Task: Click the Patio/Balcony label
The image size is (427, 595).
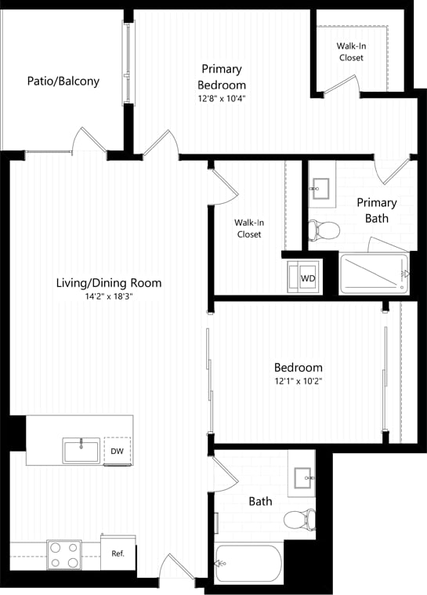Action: pos(63,81)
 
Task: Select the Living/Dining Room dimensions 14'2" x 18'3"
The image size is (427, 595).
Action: pos(109,297)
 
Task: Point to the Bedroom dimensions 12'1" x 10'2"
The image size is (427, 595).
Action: pos(298,381)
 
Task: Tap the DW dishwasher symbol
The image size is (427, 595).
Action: pos(117,451)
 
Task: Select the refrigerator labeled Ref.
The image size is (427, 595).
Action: pos(118,553)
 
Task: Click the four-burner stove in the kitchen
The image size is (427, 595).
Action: pos(63,554)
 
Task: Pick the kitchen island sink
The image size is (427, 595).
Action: pos(81,452)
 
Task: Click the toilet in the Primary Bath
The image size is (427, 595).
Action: pos(324,230)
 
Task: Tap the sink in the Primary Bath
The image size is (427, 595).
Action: pos(320,187)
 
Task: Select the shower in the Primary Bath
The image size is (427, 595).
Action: pos(374,274)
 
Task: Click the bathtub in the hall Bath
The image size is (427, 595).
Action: pos(248,563)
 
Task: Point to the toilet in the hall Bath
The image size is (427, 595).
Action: pos(300,518)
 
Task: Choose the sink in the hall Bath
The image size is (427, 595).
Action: pos(302,477)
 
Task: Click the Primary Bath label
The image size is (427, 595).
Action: pos(377,210)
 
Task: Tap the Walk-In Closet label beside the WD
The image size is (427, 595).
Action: pos(248,228)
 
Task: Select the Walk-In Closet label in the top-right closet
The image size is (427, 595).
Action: pos(350,52)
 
